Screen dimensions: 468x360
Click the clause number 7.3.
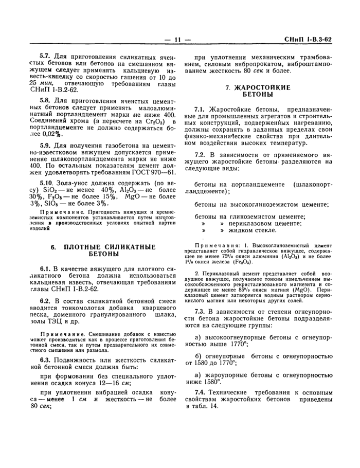(x=200, y=312)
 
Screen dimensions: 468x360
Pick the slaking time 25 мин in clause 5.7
(x=40, y=82)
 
